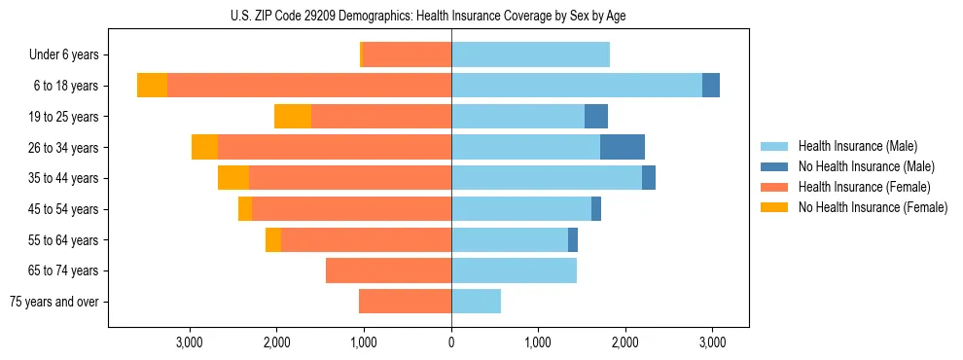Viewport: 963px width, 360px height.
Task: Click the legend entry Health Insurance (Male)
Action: (x=857, y=146)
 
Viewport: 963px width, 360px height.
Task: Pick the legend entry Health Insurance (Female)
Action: (x=864, y=187)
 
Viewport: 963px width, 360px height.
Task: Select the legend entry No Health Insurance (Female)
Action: (x=873, y=207)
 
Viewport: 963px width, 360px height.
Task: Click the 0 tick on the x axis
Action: (x=451, y=342)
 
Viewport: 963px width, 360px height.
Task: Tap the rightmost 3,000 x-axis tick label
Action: (x=712, y=342)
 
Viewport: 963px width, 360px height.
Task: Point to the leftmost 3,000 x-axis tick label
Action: (x=190, y=342)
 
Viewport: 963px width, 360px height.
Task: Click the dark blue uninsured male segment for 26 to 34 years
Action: (x=623, y=147)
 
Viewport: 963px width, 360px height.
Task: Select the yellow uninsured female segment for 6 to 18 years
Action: (x=152, y=86)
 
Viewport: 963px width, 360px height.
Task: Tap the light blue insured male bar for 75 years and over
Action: (x=476, y=302)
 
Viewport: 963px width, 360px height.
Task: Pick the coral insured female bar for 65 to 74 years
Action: (x=388, y=270)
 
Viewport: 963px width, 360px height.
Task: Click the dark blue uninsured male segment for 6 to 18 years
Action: (x=711, y=86)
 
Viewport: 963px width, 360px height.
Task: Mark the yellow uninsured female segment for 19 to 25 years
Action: (x=293, y=116)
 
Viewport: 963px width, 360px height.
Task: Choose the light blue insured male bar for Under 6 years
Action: (x=530, y=54)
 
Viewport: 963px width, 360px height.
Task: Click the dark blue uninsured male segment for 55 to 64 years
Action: (x=573, y=239)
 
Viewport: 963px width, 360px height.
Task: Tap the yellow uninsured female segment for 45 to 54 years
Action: (x=245, y=208)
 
